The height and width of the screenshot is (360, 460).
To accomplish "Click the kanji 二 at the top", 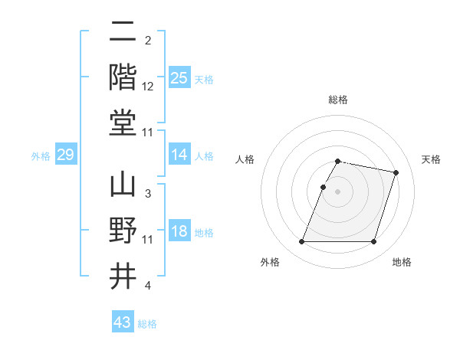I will click(123, 32).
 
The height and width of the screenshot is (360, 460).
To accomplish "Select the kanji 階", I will click(123, 77).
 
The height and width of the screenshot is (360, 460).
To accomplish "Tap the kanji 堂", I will click(123, 123).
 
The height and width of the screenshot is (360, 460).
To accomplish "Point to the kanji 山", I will click(123, 185).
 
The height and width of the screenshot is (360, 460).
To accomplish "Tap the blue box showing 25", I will click(179, 78).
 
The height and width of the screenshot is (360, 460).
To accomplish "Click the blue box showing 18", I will click(179, 232).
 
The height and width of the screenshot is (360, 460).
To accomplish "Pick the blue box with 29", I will click(65, 155).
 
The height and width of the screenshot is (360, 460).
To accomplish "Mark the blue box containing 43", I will click(122, 322).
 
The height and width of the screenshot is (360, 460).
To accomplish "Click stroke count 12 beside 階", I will click(148, 87).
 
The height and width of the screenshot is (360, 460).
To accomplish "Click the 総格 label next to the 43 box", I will click(147, 324).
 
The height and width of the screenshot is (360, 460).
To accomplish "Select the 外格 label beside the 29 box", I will click(41, 156).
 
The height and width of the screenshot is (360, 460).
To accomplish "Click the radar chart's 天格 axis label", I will click(431, 159).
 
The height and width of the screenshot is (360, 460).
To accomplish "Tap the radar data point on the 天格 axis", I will click(396, 173).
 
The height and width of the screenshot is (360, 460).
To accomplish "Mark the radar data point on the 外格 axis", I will click(302, 242).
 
